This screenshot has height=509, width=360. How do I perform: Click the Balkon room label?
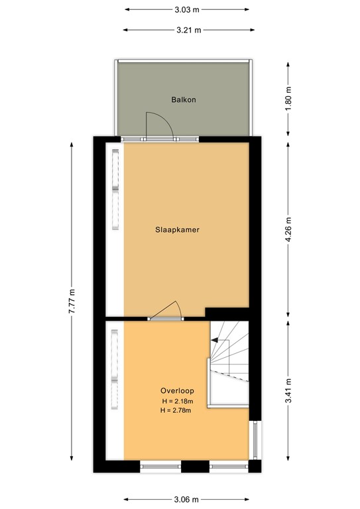[183, 100]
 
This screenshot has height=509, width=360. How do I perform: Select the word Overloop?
[176, 390]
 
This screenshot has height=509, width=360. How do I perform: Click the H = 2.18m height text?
[176, 402]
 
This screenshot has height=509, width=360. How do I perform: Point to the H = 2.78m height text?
[176, 412]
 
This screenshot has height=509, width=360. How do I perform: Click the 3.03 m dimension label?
[187, 10]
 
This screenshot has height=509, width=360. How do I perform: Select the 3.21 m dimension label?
[188, 30]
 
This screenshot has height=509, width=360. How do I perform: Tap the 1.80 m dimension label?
[288, 99]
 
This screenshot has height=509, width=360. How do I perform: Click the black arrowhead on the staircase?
[215, 340]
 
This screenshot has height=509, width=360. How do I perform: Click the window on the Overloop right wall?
[254, 440]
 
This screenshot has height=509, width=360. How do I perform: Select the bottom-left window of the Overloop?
[161, 467]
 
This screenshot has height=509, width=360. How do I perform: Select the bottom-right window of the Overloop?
[228, 467]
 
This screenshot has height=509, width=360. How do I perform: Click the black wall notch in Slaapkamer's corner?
[227, 312]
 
